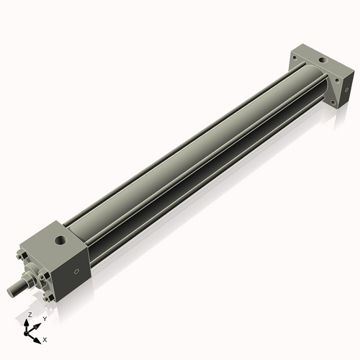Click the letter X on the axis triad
click(45, 338)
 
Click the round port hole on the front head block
click(58, 237)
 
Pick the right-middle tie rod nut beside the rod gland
click(48, 278)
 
